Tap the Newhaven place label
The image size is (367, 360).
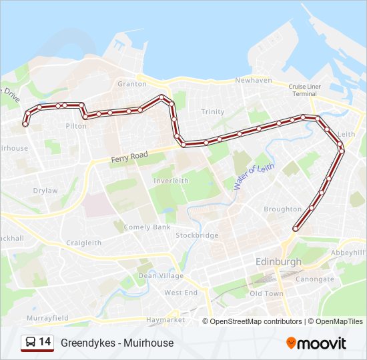253,80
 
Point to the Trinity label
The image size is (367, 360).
213,111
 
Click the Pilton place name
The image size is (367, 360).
76,125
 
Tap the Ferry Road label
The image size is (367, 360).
129,157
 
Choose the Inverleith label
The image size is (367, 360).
171,181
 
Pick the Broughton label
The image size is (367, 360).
282,209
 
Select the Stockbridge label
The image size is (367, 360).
196,235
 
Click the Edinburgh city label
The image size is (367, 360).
278,261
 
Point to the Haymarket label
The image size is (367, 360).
165,320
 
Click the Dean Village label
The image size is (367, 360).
155,275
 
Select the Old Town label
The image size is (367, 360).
266,293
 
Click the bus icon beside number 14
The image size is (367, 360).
31,343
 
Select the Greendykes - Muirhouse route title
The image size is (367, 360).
117,343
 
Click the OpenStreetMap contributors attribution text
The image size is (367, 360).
256,321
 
